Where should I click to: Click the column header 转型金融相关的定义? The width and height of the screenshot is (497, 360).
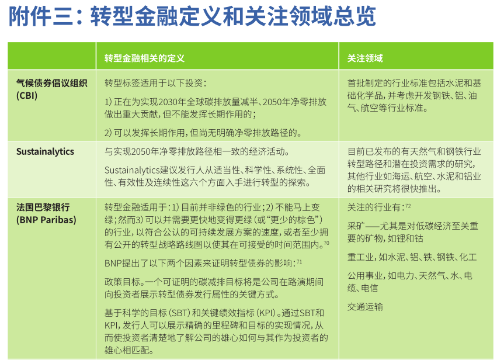(144, 58)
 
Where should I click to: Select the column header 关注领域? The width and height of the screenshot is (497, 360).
(365, 58)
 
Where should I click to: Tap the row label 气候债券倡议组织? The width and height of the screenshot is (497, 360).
(51, 83)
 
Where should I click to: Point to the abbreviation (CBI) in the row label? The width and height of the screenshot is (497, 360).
(27, 95)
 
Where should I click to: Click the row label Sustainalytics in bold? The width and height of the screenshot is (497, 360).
(45, 151)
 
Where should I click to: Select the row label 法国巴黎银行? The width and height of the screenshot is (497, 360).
(43, 207)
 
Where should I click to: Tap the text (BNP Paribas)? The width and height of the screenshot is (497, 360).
(46, 220)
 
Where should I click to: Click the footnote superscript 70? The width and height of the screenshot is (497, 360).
(326, 243)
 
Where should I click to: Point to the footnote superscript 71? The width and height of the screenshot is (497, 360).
(299, 262)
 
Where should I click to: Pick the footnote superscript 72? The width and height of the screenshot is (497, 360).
(408, 206)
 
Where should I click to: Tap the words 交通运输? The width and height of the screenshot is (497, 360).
(365, 307)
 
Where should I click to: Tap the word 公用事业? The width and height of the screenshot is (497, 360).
(365, 276)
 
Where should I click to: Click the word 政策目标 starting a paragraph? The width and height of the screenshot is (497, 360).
(122, 282)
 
